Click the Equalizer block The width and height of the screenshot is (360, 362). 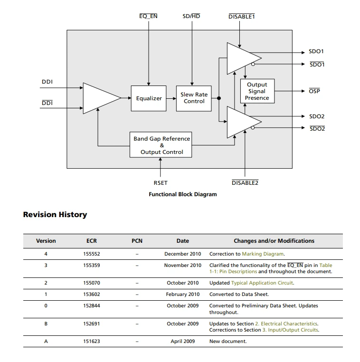tap(149, 98)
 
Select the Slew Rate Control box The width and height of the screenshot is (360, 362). tap(194, 98)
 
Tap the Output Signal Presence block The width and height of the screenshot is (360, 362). tap(257, 91)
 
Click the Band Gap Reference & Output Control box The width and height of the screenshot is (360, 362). tap(161, 145)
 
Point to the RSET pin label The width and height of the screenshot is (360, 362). tap(161, 183)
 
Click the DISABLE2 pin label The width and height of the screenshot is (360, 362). tap(245, 182)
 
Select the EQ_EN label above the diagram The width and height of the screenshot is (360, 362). tap(148, 16)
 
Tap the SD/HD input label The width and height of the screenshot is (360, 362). tap(191, 16)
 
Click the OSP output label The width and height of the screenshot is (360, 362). tap(314, 91)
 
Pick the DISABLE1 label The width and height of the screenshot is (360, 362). tap(242, 17)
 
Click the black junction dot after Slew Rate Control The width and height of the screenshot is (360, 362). tap(219, 98)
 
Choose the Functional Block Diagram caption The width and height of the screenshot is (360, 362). tap(183, 194)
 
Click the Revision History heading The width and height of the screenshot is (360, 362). tap(55, 214)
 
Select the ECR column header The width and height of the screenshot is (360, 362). tap(92, 241)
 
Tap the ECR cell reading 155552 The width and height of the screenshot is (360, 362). tap(92, 254)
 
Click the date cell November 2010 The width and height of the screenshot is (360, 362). tap(183, 265)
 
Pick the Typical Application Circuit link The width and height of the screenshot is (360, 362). tap(262, 283)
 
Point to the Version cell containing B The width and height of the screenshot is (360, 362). tap(46, 324)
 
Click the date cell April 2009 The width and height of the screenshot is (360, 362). tap(183, 341)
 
